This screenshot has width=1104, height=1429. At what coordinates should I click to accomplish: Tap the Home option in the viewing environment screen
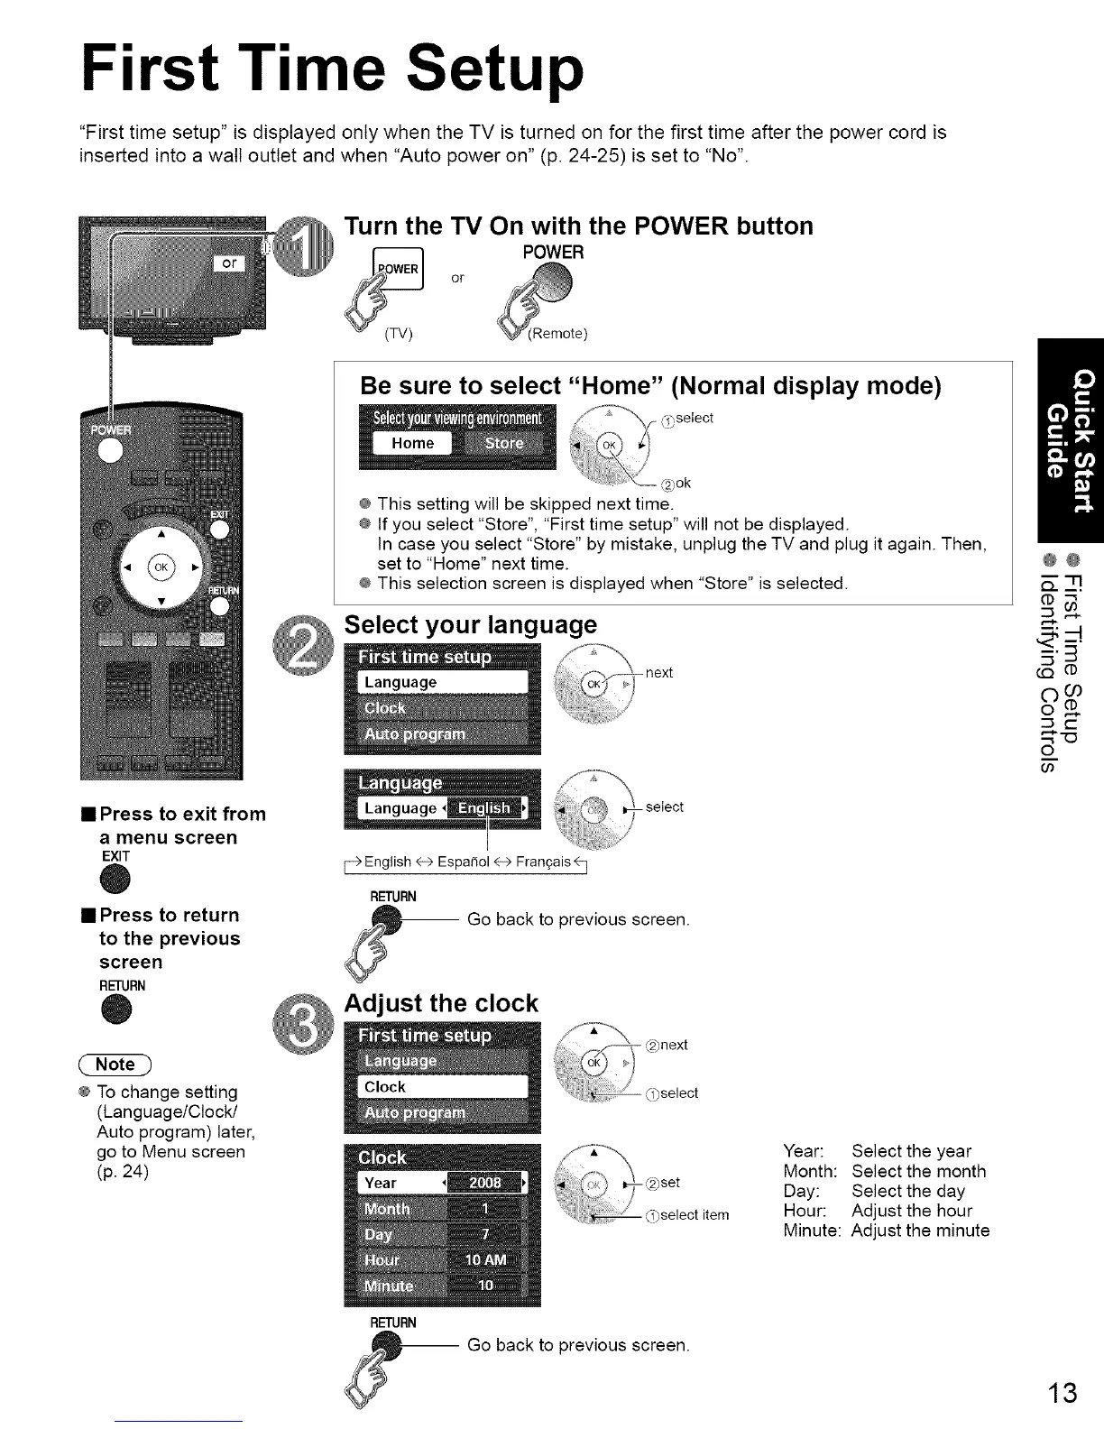(x=413, y=444)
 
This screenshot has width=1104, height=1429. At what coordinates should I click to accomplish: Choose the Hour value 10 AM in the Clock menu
(x=486, y=1260)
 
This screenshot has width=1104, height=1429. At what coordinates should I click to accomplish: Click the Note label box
(x=117, y=1065)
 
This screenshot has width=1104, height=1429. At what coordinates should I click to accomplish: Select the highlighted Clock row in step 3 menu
(x=443, y=1087)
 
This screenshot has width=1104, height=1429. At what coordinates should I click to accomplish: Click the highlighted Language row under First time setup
(x=443, y=682)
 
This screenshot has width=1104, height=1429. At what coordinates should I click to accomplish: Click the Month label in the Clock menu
(x=387, y=1209)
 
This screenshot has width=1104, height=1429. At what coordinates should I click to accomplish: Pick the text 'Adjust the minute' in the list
(x=920, y=1231)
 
